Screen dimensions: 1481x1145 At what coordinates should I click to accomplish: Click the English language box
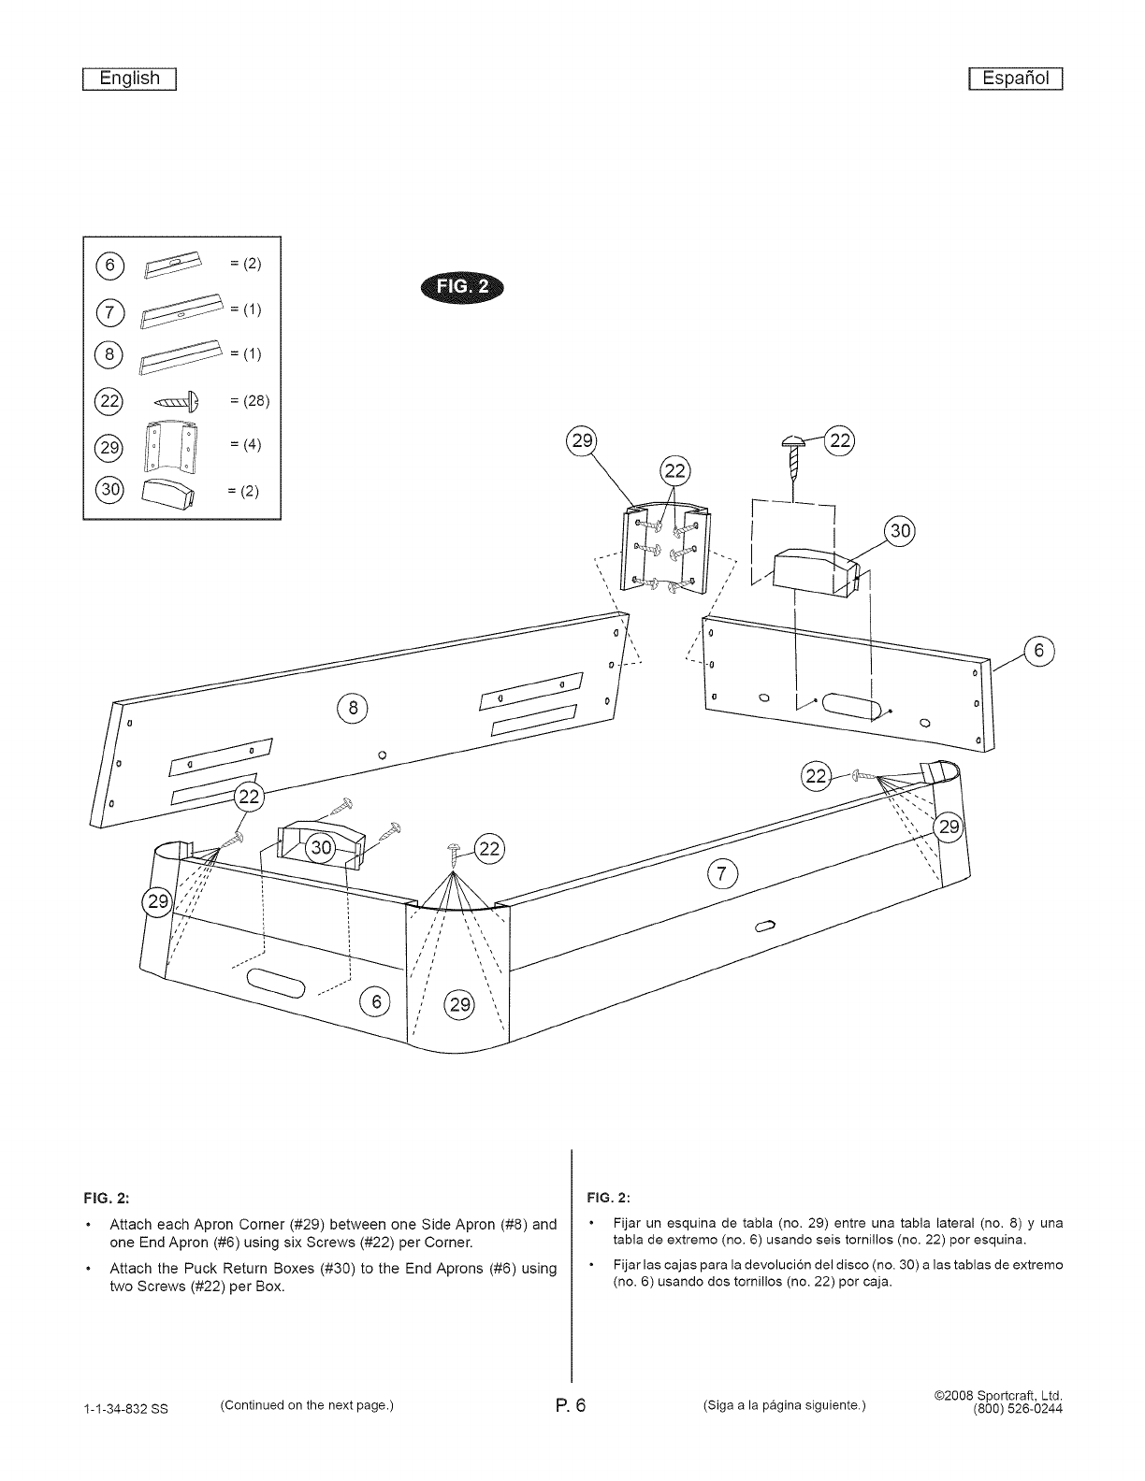130,79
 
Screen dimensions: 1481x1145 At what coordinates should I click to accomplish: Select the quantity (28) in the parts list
249,401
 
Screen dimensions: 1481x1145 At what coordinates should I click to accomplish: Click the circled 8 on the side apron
354,708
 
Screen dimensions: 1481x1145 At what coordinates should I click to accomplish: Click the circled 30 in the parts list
109,491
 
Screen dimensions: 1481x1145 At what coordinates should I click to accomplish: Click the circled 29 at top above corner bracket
583,441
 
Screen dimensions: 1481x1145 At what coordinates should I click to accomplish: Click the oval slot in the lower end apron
277,984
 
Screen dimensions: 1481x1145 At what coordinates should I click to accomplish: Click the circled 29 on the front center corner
460,1005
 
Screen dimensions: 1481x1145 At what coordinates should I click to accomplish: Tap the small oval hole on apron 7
765,926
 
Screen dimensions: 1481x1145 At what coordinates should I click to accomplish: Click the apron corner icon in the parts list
168,447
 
